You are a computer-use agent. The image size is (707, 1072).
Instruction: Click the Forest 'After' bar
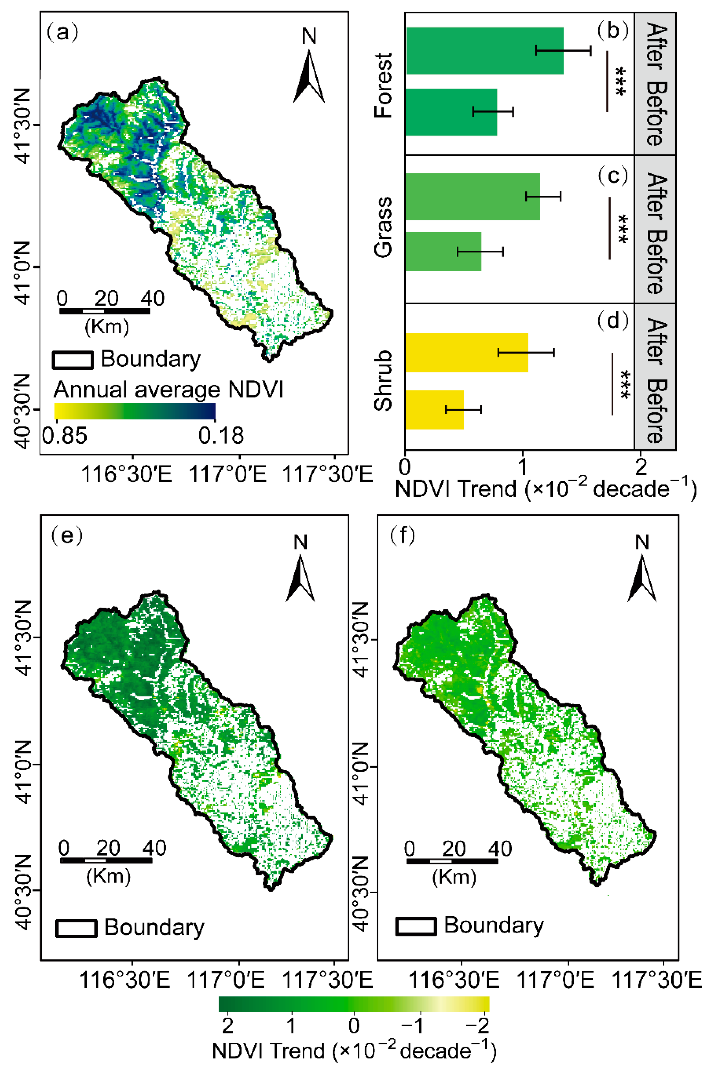[484, 51]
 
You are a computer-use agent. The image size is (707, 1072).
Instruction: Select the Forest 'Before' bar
[451, 112]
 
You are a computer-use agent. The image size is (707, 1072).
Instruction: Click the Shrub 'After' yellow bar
[466, 353]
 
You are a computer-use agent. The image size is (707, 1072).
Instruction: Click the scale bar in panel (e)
[106, 860]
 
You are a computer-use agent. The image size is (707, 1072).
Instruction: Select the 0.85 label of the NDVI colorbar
[65, 435]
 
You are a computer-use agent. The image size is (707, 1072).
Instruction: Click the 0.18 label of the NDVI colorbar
[221, 435]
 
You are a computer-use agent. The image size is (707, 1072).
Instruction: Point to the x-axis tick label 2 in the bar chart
[640, 467]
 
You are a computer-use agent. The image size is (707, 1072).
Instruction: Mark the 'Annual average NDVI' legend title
[168, 389]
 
